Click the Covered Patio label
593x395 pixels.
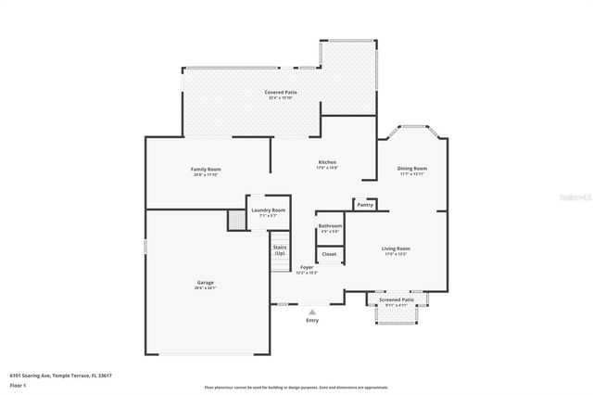tap(281, 92)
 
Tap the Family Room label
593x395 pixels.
tap(206, 169)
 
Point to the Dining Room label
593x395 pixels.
tap(412, 168)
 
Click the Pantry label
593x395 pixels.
tap(365, 204)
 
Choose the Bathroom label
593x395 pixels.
tap(330, 226)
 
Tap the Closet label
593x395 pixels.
tap(329, 253)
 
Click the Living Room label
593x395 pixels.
tap(396, 248)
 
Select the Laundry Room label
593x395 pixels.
tap(269, 210)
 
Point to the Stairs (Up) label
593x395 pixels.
tap(279, 249)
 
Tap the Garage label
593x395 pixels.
tap(205, 282)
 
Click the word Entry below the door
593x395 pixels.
tap(312, 320)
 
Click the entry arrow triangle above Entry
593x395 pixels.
tap(312, 312)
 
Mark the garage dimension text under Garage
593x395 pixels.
tap(205, 287)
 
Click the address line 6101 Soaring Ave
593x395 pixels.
tap(60, 376)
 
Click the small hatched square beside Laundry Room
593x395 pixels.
tap(236, 220)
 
